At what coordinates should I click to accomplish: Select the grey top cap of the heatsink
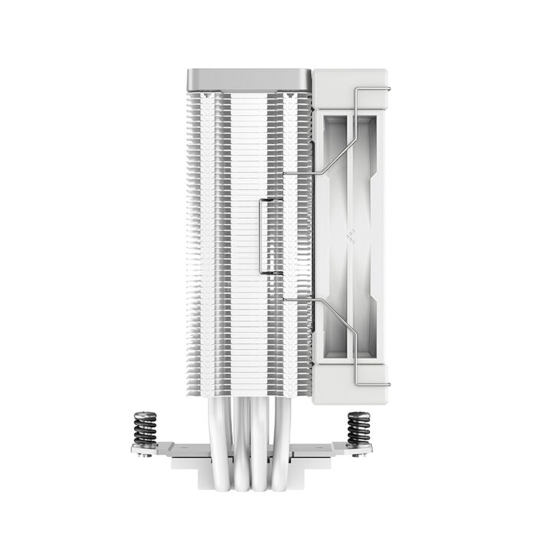250,79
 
